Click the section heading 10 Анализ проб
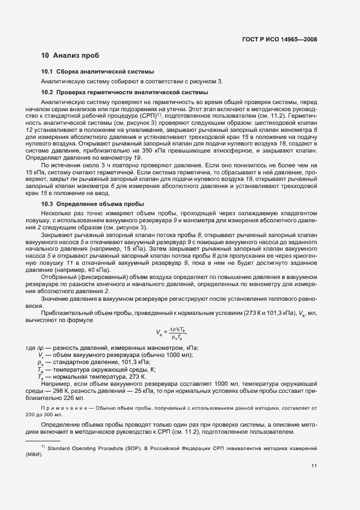point(70,56)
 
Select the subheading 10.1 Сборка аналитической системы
point(97,71)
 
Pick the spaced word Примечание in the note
point(60,408)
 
